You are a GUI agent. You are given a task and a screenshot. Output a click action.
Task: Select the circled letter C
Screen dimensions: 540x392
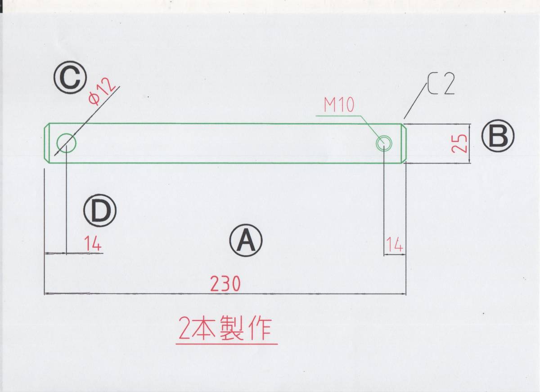70,78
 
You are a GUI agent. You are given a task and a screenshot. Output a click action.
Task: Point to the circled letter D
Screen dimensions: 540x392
100,210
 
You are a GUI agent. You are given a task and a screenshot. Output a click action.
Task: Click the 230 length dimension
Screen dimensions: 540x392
225,284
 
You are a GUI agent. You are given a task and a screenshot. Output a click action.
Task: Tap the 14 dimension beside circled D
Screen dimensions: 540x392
93,245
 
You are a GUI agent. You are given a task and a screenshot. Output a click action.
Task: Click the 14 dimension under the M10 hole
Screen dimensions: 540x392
394,245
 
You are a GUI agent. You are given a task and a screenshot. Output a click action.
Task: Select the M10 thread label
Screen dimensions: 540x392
339,105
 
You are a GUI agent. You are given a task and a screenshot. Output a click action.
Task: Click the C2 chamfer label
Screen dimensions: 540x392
441,85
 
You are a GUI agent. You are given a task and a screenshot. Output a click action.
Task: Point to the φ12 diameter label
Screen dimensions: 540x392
102,92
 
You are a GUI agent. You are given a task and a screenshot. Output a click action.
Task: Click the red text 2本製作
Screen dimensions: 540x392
225,330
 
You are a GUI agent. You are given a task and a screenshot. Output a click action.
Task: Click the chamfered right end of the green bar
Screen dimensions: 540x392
404,143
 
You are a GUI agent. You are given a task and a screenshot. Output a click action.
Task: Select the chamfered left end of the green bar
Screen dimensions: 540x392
46,143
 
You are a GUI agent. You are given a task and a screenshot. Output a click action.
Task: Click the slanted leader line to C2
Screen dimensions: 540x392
415,102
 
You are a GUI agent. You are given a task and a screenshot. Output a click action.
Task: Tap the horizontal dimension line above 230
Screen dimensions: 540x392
225,294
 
